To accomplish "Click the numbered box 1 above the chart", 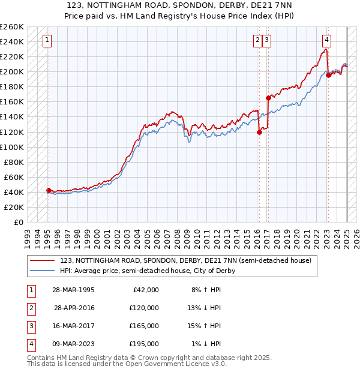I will (x=47, y=41).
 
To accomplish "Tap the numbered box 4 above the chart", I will (x=326, y=41).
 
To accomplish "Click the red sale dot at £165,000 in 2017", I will (x=268, y=98).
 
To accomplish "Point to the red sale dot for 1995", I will (x=49, y=190).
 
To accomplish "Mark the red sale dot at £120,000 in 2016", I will (x=259, y=132).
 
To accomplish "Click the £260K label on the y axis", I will (x=12, y=27).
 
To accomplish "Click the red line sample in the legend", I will (x=42, y=261).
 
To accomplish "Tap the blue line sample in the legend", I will (x=42, y=271).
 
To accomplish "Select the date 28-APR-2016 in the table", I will (x=74, y=308).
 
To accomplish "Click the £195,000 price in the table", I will (x=144, y=344).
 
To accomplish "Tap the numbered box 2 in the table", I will (x=29, y=308).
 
